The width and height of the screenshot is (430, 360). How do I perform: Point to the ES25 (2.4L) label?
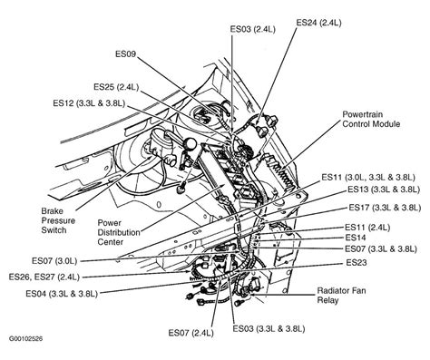point(117,88)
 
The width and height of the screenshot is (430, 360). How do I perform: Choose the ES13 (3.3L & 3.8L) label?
point(382,190)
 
